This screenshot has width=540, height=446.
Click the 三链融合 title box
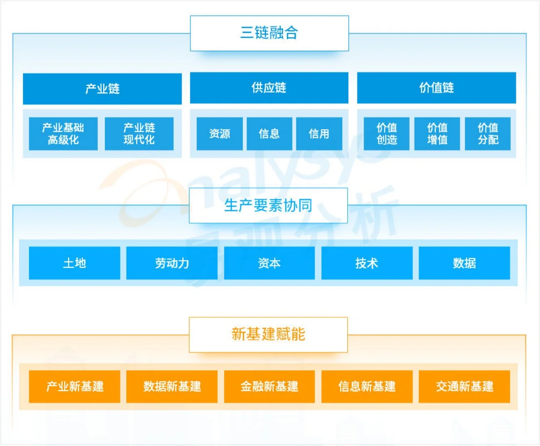(269, 33)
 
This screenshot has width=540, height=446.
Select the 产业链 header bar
(102, 89)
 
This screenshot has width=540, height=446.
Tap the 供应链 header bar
(269, 88)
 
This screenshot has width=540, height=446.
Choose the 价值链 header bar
(436, 88)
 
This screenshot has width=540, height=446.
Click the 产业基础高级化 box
(63, 133)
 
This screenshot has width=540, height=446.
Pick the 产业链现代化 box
(139, 133)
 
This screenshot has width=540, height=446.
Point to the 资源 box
(220, 133)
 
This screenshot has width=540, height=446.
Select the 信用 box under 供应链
(319, 133)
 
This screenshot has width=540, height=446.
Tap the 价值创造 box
(387, 133)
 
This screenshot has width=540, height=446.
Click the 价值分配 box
(488, 133)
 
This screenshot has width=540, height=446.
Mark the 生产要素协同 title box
(268, 205)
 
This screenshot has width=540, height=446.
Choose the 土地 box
(75, 263)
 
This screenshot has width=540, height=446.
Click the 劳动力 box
(172, 263)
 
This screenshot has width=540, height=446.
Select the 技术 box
(367, 263)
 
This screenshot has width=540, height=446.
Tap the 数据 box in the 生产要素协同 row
(464, 263)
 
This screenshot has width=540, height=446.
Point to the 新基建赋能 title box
(268, 334)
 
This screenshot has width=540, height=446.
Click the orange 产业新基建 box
(75, 386)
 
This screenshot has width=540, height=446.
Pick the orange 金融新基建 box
(269, 386)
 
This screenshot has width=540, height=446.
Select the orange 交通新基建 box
(464, 386)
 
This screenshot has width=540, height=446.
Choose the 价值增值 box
(437, 133)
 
